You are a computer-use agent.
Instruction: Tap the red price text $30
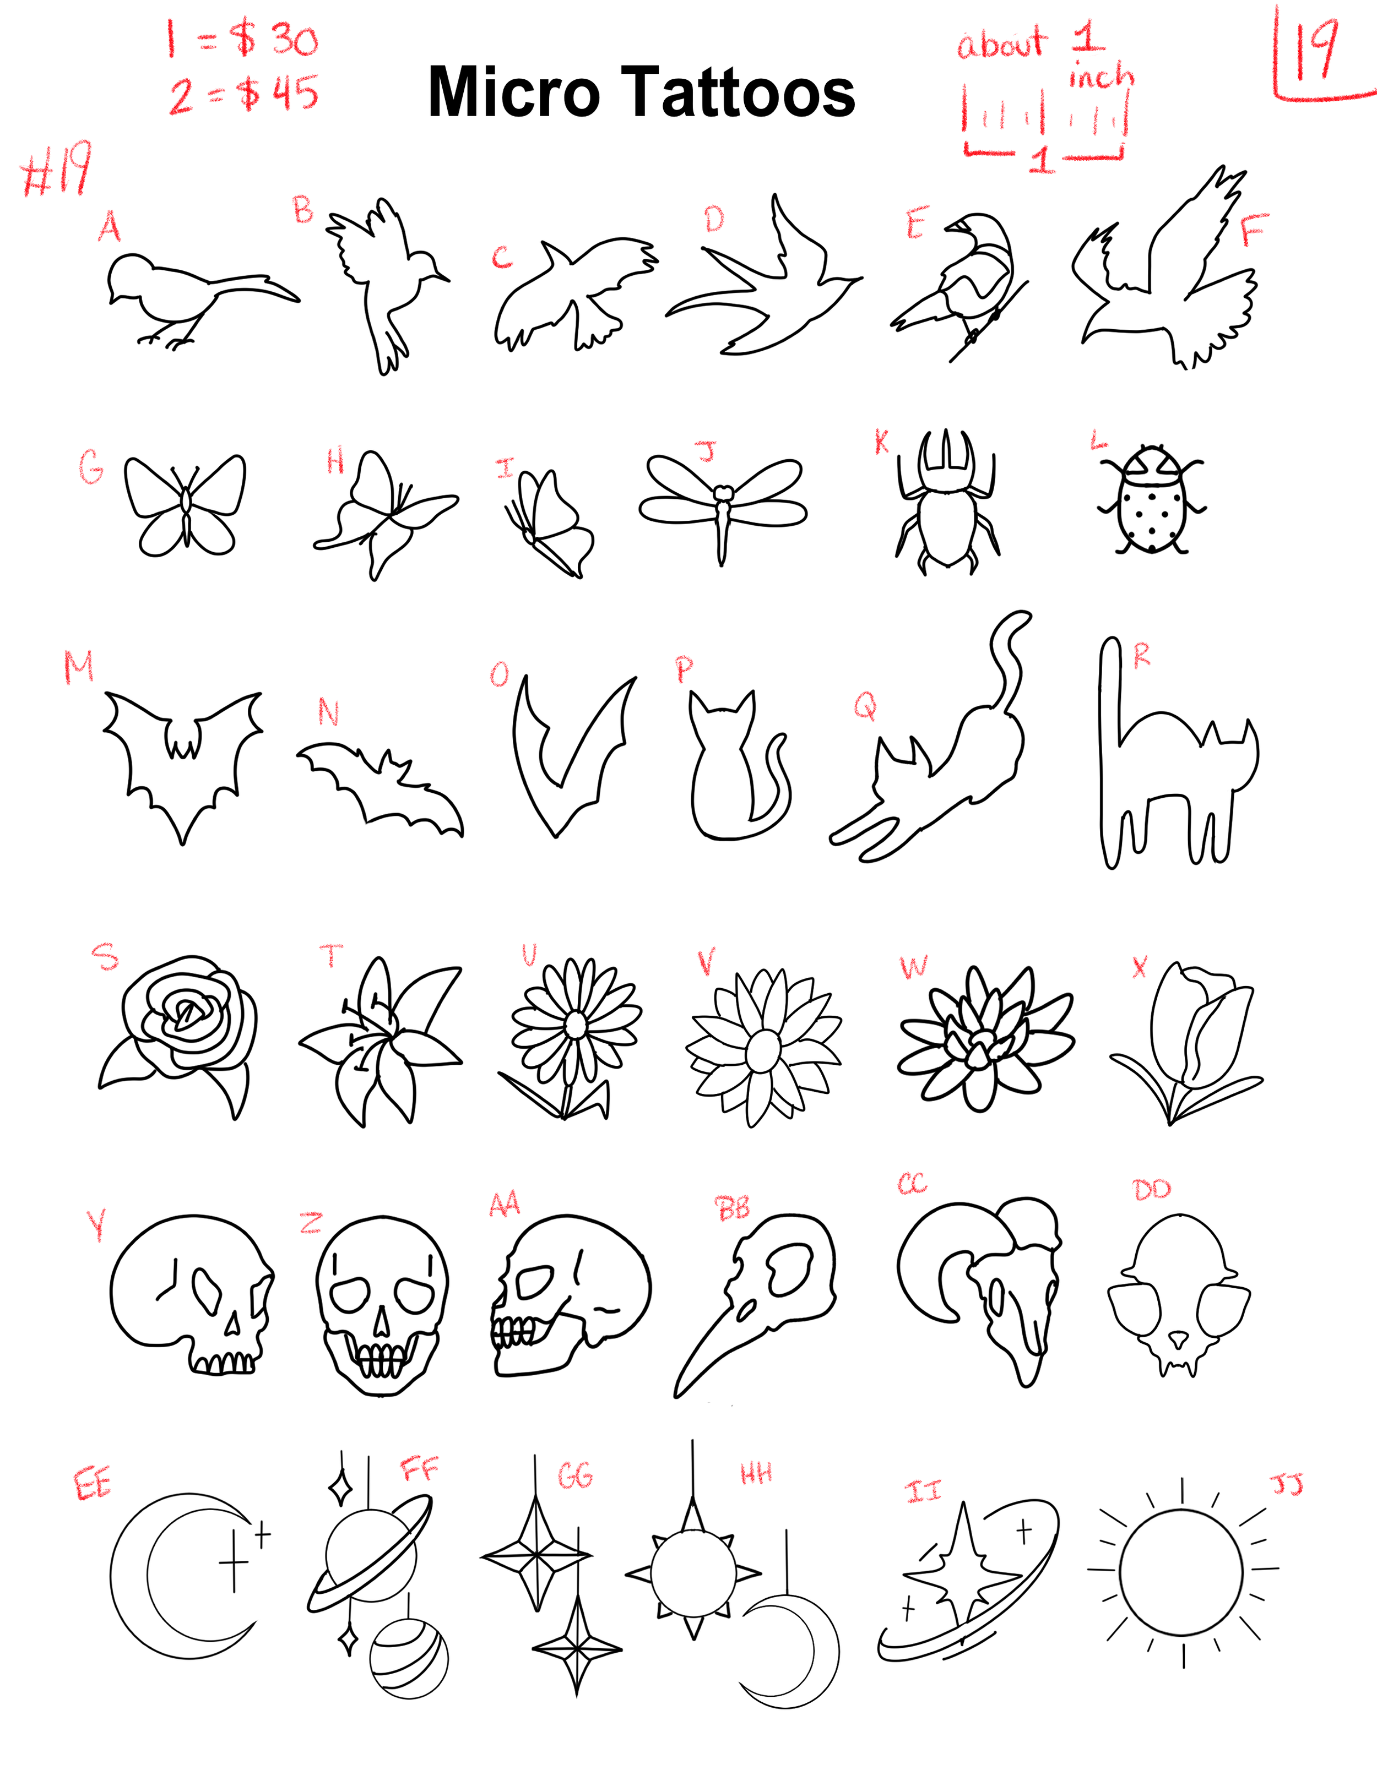point(273,39)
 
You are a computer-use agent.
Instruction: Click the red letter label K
point(882,443)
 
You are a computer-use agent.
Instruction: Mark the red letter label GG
point(575,1476)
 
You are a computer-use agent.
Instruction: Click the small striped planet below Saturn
point(409,1658)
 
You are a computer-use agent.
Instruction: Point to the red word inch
point(1101,76)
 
